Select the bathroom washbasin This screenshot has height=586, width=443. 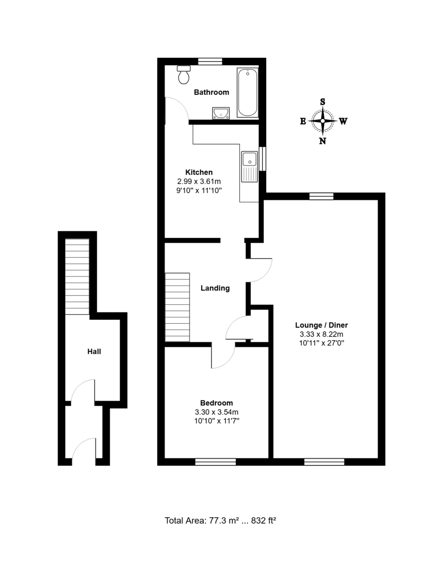coord(221,114)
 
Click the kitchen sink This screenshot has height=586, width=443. coord(249,166)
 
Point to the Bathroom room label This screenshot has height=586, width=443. coord(211,92)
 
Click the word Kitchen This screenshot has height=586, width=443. coord(199,172)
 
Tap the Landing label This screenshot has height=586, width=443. coord(215,288)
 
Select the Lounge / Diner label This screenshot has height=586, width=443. coord(321,325)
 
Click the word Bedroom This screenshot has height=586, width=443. coord(216,403)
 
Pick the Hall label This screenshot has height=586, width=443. coord(94,351)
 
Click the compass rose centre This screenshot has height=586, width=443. coord(323,121)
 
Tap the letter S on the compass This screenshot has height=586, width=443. coord(323,102)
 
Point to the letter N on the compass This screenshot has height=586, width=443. coord(323,141)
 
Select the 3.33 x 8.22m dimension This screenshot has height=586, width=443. coord(321,335)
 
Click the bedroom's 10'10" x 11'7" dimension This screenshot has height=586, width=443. coord(216,420)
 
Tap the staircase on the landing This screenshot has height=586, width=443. coord(177,307)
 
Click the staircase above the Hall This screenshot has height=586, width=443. coord(77,276)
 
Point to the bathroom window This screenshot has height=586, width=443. coord(210,61)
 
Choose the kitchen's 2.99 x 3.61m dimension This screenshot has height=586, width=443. coord(199,181)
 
